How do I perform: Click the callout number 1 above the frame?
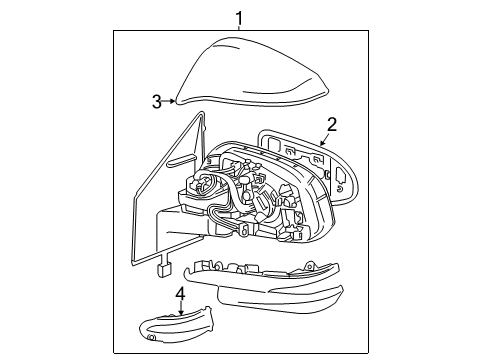pos(239,18)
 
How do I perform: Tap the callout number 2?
pos(332,125)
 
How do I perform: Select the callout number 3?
pos(157,101)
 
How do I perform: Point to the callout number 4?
pos(180,293)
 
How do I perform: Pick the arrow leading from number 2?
pos(325,139)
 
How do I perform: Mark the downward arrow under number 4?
pos(181,308)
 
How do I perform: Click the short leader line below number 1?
pos(239,28)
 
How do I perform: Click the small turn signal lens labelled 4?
pos(177,325)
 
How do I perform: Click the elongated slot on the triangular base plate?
pos(182,160)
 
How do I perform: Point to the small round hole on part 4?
pos(152,337)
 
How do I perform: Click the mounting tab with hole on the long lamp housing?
pos(310,266)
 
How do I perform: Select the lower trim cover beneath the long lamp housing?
pos(280,298)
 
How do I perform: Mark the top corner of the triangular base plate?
pos(202,113)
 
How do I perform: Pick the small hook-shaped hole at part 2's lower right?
pos(340,189)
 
